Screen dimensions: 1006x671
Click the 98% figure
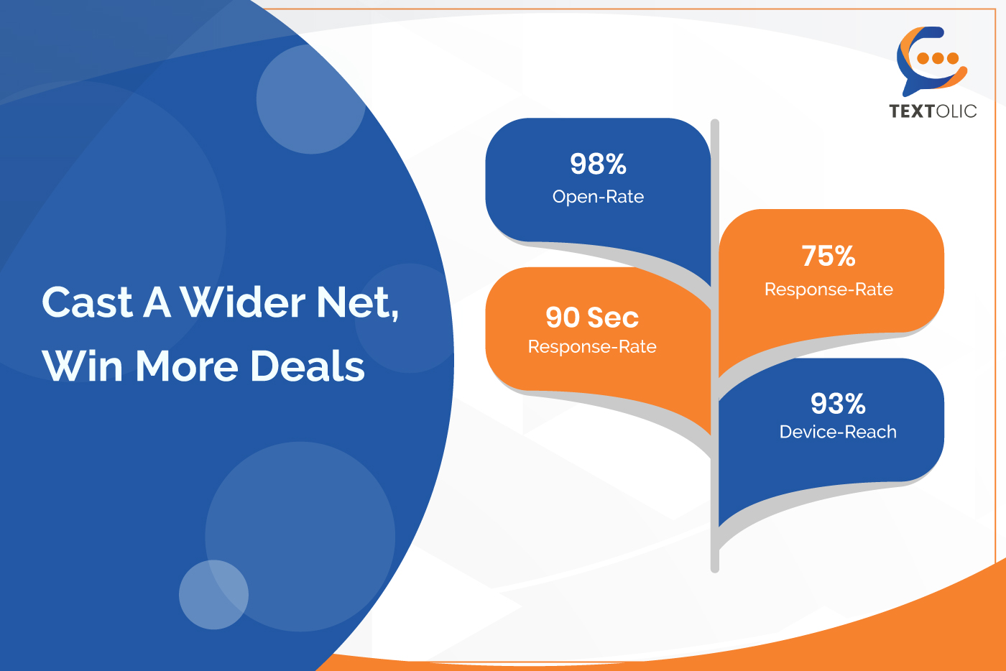598,164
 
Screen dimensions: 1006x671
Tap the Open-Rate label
598,197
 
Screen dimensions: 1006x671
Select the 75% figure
829,256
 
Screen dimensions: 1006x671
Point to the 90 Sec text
592,318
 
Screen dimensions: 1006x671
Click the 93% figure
838,403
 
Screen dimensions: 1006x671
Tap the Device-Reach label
838,432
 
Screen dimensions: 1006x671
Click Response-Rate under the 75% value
829,290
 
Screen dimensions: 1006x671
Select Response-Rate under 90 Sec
592,346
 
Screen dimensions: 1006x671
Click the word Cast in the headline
87,302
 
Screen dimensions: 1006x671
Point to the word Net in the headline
358,303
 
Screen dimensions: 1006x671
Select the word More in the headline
186,366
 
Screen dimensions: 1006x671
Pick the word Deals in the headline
308,366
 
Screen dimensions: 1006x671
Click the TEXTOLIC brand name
933,111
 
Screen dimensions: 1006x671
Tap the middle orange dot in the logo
938,58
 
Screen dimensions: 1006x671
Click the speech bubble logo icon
933,60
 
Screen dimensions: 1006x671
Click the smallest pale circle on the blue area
214,595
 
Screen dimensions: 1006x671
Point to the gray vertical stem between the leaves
715,346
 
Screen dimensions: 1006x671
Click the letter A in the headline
157,302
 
